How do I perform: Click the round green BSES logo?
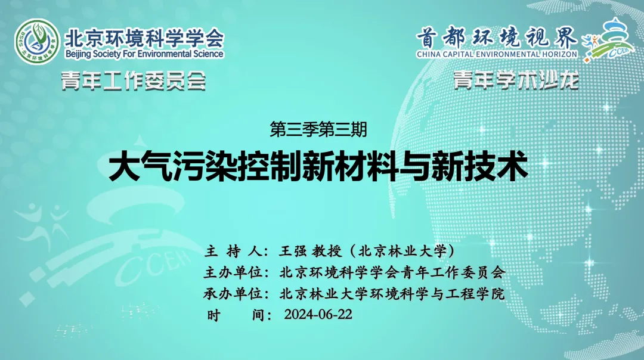pyautogui.click(x=37, y=42)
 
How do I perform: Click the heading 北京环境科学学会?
pyautogui.click(x=144, y=38)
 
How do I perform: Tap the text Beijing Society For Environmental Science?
pyautogui.click(x=144, y=54)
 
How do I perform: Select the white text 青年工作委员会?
pyautogui.click(x=134, y=80)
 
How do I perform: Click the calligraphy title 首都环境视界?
pyautogui.click(x=497, y=39)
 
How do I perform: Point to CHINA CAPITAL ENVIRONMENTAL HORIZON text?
pyautogui.click(x=497, y=54)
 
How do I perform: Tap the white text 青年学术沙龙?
pyautogui.click(x=516, y=80)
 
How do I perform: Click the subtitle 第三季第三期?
pyautogui.click(x=318, y=130)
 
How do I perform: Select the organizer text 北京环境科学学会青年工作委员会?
pyautogui.click(x=392, y=272)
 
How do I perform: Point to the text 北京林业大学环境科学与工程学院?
pyautogui.click(x=392, y=293)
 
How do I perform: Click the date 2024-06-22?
pyautogui.click(x=318, y=315)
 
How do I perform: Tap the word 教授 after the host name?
pyautogui.click(x=327, y=251)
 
